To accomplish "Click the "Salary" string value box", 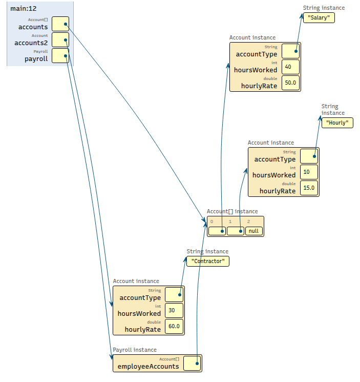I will click(319, 17).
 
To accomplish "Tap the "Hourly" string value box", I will click(337, 123).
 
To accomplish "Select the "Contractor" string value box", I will click(207, 261).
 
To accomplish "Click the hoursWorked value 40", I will click(290, 67).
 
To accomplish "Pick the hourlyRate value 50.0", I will click(290, 83).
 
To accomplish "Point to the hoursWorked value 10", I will click(309, 172).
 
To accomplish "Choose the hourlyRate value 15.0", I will click(309, 188).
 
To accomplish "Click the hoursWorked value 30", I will click(174, 311).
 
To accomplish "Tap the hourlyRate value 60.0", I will click(174, 327).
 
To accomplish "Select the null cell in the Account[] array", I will click(253, 231).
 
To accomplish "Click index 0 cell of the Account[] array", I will click(217, 231).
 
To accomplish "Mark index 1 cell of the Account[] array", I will click(235, 231).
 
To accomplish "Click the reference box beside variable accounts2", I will click(60, 40).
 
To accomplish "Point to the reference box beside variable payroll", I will click(60, 56).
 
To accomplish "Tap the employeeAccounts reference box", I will click(192, 363).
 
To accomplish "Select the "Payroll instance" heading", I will click(135, 350).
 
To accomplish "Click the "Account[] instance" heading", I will click(232, 211).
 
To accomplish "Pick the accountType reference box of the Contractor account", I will click(174, 294).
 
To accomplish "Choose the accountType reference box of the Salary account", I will click(290, 51).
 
